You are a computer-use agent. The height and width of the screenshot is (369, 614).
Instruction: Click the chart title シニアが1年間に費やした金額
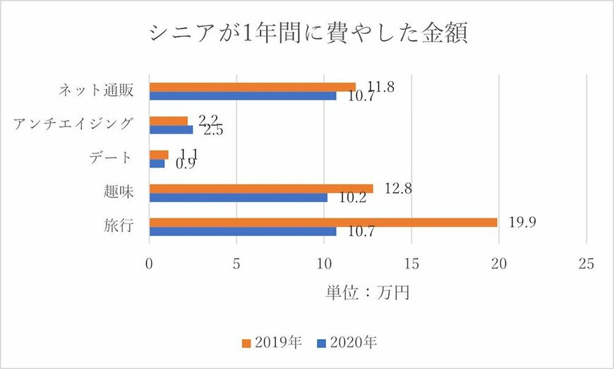point(307,33)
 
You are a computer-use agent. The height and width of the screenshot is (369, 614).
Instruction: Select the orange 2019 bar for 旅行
point(323,222)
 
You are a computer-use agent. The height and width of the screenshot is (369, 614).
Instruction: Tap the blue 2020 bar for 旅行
point(243,231)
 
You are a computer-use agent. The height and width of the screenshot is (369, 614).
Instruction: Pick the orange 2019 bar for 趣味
point(261,189)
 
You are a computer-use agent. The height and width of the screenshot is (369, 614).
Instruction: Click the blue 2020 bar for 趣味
point(239,198)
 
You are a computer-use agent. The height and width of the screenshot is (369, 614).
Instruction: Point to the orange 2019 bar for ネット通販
point(253,87)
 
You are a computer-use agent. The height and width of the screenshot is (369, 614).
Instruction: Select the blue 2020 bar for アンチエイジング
point(171,129)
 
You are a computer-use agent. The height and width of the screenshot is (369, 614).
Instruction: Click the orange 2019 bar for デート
point(159,155)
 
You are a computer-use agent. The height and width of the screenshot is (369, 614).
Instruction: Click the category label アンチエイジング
point(73,124)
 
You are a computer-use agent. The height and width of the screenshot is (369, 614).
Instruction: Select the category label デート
point(112,158)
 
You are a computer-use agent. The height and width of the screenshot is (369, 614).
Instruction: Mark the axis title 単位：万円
point(367,292)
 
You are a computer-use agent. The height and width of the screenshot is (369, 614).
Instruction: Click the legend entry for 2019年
point(272,343)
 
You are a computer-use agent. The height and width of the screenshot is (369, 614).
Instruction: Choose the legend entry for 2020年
point(347,343)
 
